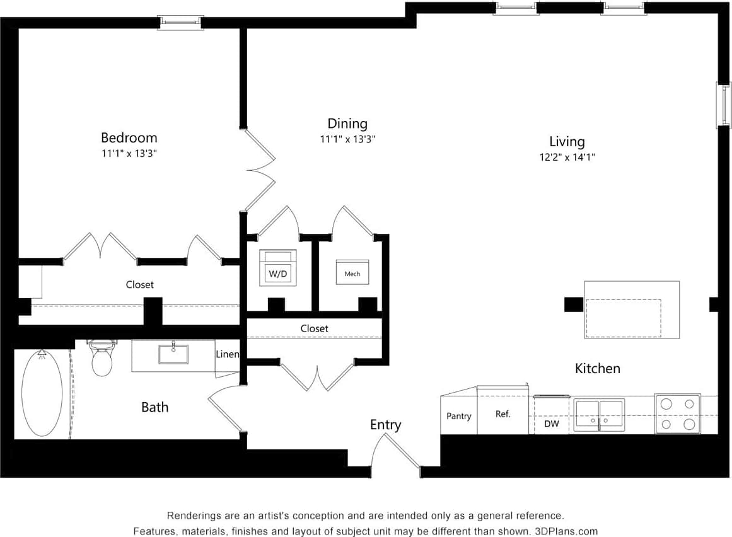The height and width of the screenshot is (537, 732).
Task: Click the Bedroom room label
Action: pos(129,137)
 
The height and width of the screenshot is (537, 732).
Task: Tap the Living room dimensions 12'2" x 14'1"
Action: pos(566,158)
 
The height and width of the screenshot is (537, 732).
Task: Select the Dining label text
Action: pos(347,124)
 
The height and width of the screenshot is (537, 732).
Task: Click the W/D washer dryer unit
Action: pos(277,268)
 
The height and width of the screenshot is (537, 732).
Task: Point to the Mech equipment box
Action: pos(352,272)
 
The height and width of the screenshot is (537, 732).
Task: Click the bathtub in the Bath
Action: pos(42,392)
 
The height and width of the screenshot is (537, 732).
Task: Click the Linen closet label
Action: pos(227,354)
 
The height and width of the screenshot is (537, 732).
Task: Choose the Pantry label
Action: pos(458,416)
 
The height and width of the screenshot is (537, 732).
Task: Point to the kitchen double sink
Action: pos(599,415)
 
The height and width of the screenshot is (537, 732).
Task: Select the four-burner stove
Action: pos(677,414)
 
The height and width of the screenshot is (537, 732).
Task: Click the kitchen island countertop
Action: pos(631,309)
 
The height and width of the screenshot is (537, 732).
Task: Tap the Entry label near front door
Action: pos(385,425)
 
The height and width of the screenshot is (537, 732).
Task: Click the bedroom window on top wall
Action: pos(180,22)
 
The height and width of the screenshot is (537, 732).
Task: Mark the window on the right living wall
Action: pos(723,104)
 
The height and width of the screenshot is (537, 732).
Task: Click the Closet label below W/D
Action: pos(314,328)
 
